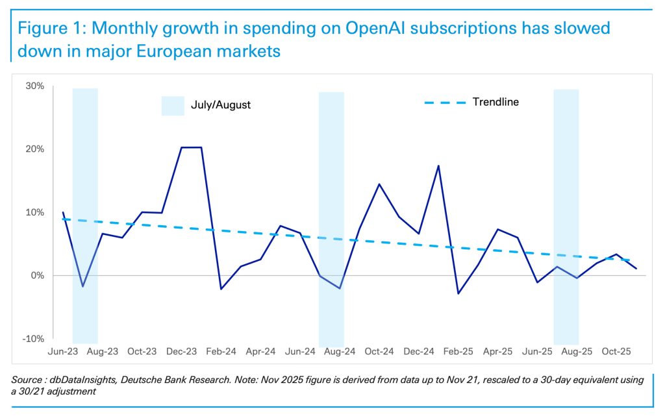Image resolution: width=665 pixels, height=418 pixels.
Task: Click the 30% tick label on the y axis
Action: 34,86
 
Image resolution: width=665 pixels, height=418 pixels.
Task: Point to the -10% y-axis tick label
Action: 33,339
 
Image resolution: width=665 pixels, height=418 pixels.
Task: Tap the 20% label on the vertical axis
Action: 34,149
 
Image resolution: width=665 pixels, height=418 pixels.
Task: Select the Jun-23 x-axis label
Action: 63,351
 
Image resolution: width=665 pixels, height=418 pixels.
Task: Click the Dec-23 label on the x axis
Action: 181,351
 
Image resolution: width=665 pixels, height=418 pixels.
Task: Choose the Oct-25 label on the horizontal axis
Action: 616,351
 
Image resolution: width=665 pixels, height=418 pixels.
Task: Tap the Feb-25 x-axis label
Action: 458,351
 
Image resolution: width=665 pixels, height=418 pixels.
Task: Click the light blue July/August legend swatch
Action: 173,105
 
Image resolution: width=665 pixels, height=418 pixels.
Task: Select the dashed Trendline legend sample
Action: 445,103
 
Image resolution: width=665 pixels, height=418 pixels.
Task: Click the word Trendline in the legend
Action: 496,102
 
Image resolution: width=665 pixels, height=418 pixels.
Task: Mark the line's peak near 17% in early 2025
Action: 439,166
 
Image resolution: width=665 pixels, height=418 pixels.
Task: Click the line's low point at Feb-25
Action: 458,293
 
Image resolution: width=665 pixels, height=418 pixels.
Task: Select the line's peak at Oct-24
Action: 379,184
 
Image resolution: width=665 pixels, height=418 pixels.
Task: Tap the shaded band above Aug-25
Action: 566,195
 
